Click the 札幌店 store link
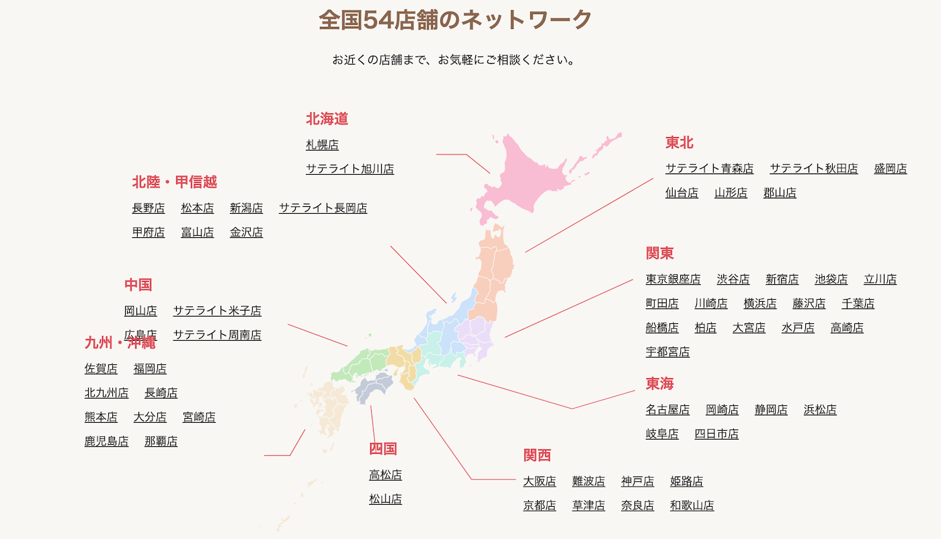click(322, 144)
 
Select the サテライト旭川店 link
click(350, 169)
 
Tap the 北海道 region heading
click(327, 119)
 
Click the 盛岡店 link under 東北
click(890, 169)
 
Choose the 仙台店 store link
click(682, 193)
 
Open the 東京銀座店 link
click(673, 279)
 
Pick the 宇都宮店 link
click(667, 351)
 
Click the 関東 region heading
click(659, 253)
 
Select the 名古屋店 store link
click(667, 409)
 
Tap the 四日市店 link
click(717, 433)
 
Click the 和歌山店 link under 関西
click(692, 505)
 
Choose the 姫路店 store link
click(686, 481)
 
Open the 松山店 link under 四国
click(385, 499)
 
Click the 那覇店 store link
click(161, 441)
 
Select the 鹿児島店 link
click(106, 441)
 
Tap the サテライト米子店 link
click(217, 310)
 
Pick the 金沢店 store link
click(246, 232)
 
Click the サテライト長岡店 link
click(323, 208)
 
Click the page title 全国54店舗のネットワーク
click(455, 19)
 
